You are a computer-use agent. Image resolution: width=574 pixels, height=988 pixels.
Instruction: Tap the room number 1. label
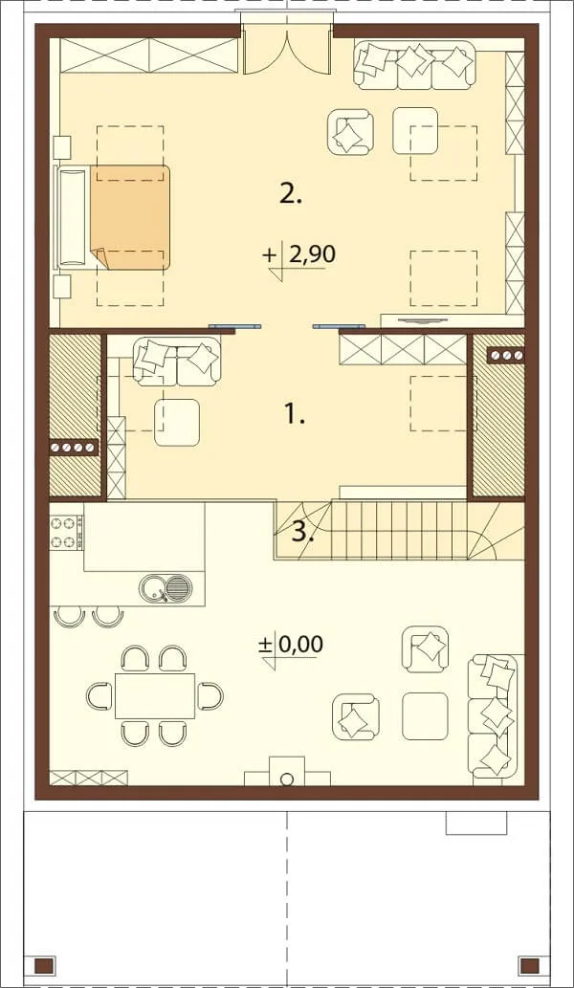click(x=294, y=414)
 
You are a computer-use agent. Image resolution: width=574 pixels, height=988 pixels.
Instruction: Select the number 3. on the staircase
click(x=302, y=534)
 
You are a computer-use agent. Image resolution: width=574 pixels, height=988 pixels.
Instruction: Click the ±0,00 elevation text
click(x=291, y=644)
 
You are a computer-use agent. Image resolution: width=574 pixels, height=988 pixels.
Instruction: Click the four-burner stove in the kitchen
click(x=64, y=533)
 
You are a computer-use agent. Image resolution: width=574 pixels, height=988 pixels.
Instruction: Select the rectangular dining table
click(x=155, y=695)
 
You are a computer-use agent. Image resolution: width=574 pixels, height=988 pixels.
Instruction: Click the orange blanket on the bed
click(x=130, y=217)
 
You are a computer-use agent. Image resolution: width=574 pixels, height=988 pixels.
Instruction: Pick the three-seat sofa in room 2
click(x=414, y=64)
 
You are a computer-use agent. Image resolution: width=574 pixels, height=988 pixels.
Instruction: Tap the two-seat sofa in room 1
click(x=177, y=362)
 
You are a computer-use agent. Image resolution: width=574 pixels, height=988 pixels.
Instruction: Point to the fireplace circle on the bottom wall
click(x=287, y=778)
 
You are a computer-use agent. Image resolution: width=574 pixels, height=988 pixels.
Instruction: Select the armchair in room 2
click(x=350, y=131)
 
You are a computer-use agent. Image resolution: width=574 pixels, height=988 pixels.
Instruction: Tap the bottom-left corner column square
click(x=43, y=965)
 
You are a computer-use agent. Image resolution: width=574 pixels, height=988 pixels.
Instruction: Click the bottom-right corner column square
click(x=528, y=965)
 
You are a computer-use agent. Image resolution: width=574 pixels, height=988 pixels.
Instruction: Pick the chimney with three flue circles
click(x=506, y=356)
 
